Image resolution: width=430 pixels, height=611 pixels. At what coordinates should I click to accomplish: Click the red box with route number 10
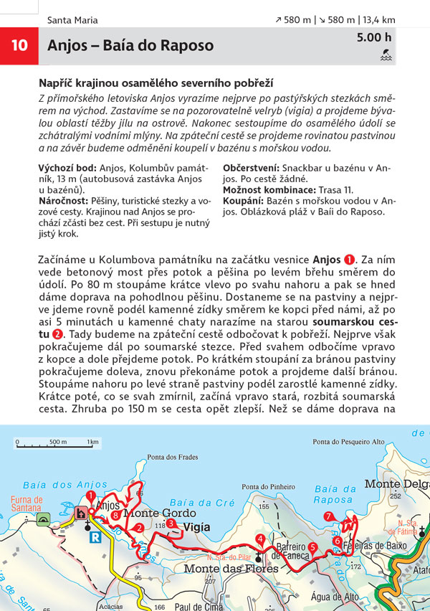(x=19, y=45)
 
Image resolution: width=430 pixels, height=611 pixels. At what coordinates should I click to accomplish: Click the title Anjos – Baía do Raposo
(x=130, y=46)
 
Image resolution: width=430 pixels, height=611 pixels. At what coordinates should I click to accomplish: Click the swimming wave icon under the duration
(x=386, y=54)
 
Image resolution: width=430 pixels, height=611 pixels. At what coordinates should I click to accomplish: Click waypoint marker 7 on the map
(x=328, y=516)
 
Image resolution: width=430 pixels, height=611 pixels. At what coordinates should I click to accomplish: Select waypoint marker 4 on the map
(x=260, y=539)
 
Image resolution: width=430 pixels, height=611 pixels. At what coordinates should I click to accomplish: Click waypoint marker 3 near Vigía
(x=171, y=524)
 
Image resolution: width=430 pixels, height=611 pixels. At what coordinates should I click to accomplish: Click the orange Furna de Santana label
(x=27, y=504)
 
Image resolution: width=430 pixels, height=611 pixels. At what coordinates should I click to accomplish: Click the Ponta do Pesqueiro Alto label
(x=349, y=441)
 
